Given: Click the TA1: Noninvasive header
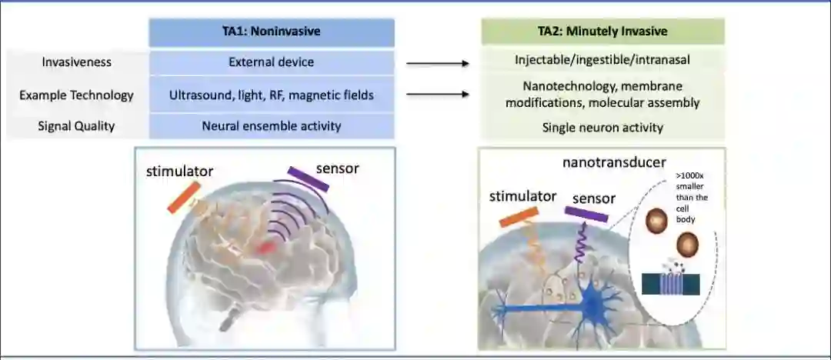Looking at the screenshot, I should click(272, 32).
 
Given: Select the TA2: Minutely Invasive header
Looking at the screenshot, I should click(602, 32).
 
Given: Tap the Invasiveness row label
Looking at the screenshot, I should click(76, 62).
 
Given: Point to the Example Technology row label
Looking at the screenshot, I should click(76, 95).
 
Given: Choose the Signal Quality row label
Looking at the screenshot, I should click(76, 126).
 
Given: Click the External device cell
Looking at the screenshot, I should click(272, 62).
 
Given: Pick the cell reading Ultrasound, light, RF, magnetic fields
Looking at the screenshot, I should click(272, 95).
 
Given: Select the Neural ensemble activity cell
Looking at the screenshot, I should click(272, 126).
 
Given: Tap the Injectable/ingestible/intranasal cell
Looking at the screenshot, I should click(602, 60).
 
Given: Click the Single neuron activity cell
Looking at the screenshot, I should click(602, 128).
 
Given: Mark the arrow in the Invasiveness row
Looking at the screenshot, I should click(438, 63).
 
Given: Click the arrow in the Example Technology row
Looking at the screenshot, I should click(438, 95).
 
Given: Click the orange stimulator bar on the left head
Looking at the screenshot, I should click(184, 197).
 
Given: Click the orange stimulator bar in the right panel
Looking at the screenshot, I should click(518, 217).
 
